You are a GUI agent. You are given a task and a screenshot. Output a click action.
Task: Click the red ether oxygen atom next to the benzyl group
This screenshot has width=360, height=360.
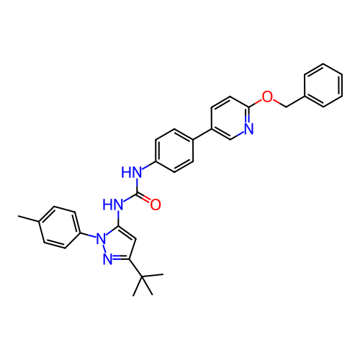pos(267,96)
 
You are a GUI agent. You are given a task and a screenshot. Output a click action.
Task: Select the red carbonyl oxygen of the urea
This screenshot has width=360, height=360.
pos(156,204)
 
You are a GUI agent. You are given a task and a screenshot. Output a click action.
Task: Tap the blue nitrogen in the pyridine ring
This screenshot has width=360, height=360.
pos(249,129)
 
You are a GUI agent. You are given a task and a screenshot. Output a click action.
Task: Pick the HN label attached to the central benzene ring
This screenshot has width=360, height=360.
pos(131,172)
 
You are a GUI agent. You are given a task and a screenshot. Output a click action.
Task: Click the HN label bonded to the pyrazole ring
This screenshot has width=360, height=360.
pos(113,204)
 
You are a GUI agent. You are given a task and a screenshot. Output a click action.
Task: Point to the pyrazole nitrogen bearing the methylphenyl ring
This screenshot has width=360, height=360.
pos(101,238)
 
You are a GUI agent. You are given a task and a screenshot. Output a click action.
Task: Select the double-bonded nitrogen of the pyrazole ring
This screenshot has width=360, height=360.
pos(108,259)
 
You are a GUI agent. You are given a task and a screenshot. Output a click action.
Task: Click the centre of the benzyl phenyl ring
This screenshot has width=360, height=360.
pos(323,85)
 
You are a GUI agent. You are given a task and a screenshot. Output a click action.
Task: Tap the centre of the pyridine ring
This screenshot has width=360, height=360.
pos(230,118)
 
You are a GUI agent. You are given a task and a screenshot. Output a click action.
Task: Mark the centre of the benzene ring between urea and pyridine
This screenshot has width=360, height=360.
pos(174,150)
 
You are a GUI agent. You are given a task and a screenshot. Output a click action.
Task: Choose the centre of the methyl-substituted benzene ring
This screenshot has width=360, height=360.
pos(60,227)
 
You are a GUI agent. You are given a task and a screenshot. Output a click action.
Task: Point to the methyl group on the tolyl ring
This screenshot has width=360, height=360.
pos(18,216)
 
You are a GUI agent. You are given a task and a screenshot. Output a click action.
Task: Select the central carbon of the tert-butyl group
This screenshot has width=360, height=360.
pos(142,276)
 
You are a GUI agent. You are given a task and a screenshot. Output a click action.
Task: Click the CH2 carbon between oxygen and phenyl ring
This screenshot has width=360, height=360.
pos(286,107)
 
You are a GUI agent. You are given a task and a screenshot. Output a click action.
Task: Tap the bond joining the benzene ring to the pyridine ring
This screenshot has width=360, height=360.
pos(202,134)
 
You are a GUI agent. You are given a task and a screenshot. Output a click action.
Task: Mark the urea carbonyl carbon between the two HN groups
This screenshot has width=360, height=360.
pos(137,194)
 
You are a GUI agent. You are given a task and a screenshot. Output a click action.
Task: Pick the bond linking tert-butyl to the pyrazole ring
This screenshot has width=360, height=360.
pos(135,268)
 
